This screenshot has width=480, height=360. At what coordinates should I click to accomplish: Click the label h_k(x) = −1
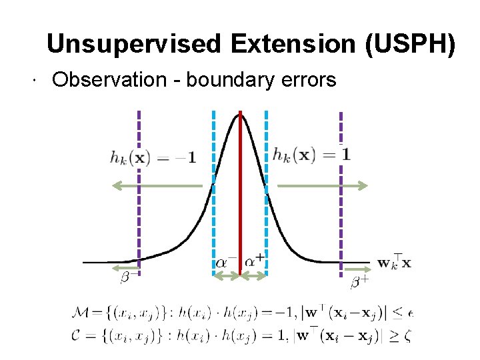(x=153, y=158)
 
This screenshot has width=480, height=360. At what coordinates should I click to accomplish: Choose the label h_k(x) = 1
(x=311, y=154)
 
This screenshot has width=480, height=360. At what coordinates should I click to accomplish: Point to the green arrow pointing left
(x=157, y=186)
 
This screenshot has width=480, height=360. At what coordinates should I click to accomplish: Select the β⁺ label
(x=359, y=281)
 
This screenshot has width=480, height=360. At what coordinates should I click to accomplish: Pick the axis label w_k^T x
(x=394, y=262)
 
